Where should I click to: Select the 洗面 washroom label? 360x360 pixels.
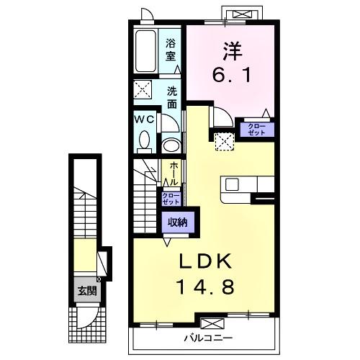coord(173,97)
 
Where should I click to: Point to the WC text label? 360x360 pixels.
coord(142,120)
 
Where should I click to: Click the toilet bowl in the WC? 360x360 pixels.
coord(143,140)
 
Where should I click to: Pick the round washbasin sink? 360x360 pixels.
coord(172,145)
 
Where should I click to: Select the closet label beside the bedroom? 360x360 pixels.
coord(257,130)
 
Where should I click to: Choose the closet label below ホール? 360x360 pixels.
coord(171,199)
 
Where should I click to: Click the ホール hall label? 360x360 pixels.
coord(174,174)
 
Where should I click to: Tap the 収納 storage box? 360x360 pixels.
coord(177,222)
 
